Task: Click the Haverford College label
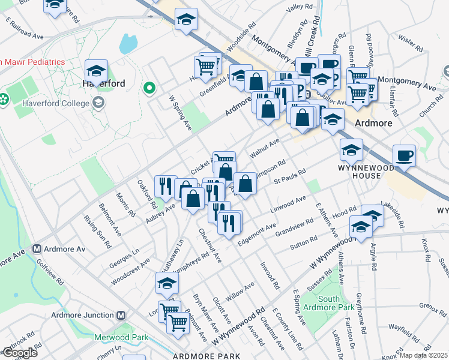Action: point(55,103)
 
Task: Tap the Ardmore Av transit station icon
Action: point(37,248)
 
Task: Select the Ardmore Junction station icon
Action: point(121,315)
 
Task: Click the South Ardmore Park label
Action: point(329,303)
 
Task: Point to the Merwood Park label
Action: point(121,337)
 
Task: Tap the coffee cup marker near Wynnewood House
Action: point(404,156)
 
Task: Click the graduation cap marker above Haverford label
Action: point(96,70)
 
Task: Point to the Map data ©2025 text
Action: point(424,355)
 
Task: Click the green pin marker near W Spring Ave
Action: point(149,90)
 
